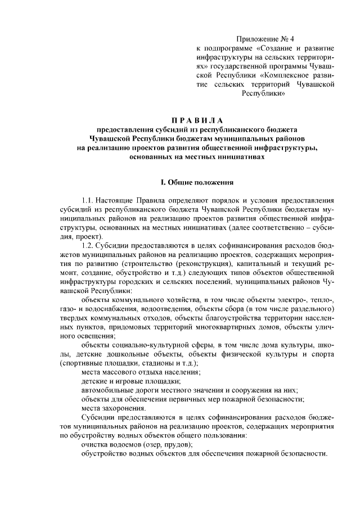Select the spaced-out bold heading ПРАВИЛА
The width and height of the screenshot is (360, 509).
[x=197, y=120]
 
